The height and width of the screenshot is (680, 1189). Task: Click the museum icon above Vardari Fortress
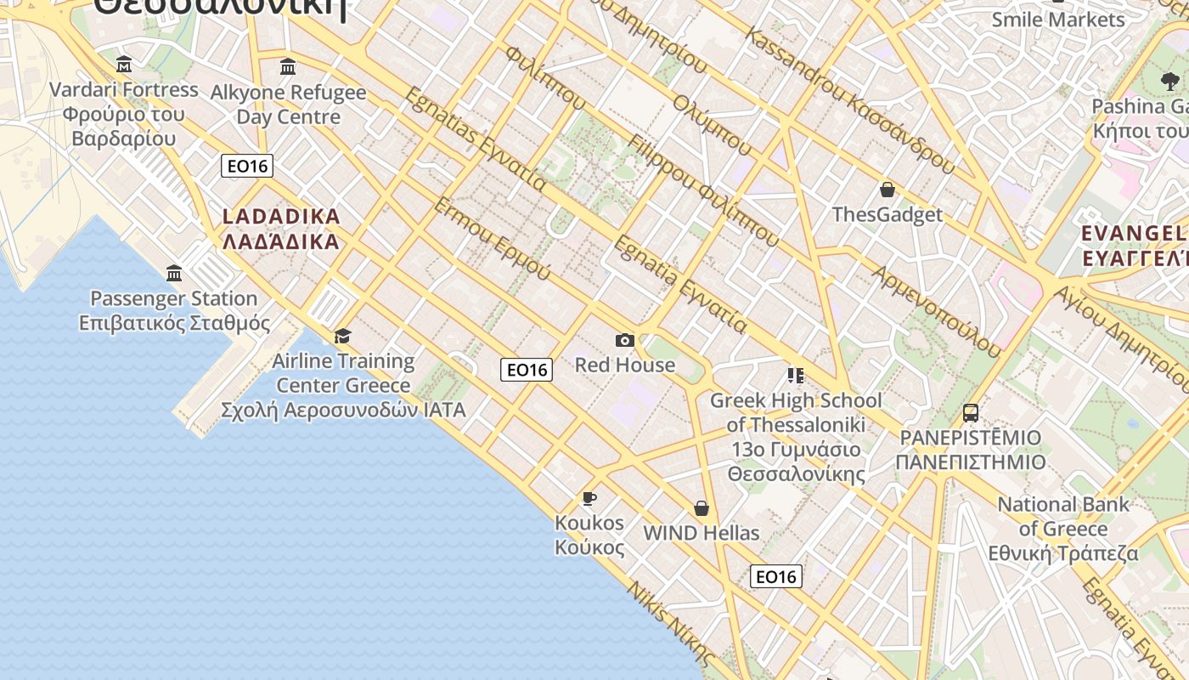pyautogui.click(x=124, y=64)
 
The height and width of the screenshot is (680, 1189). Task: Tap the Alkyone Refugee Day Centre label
pyautogui.click(x=288, y=104)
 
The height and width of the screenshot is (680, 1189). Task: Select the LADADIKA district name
pyautogui.click(x=281, y=229)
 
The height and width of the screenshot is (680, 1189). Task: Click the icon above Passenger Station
pyautogui.click(x=174, y=273)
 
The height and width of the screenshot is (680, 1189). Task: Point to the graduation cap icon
pyautogui.click(x=342, y=336)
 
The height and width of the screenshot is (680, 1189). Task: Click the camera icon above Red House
pyautogui.click(x=625, y=340)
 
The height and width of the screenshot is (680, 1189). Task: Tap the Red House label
pyautogui.click(x=625, y=365)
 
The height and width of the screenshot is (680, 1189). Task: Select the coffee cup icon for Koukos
pyautogui.click(x=589, y=498)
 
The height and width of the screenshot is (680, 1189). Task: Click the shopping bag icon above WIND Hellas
pyautogui.click(x=702, y=508)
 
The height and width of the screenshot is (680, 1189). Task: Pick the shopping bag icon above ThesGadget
pyautogui.click(x=888, y=190)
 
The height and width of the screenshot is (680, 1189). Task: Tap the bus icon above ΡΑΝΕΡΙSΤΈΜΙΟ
pyautogui.click(x=970, y=413)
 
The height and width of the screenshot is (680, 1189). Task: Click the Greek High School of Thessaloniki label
pyautogui.click(x=796, y=437)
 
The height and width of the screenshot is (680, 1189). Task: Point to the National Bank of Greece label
pyautogui.click(x=1063, y=529)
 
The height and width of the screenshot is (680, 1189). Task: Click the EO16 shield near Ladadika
pyautogui.click(x=247, y=166)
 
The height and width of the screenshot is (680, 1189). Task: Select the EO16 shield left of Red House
pyautogui.click(x=527, y=369)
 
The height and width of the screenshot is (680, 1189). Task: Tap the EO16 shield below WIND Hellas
pyautogui.click(x=776, y=576)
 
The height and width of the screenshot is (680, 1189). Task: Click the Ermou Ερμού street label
pyautogui.click(x=492, y=239)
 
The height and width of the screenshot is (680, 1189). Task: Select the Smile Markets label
pyautogui.click(x=1058, y=19)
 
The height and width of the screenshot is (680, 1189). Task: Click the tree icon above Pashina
pyautogui.click(x=1169, y=82)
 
